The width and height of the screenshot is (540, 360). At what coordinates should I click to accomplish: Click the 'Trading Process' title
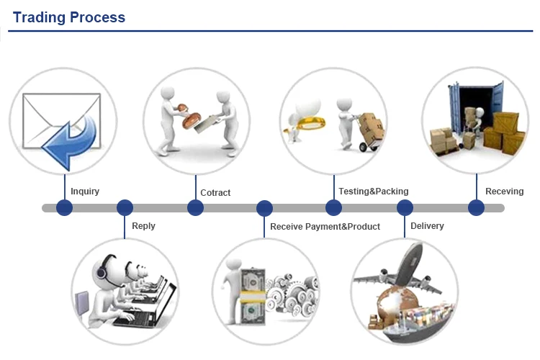click(69, 17)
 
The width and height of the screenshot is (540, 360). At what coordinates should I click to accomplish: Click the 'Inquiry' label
click(85, 192)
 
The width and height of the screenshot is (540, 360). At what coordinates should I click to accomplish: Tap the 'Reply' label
click(143, 226)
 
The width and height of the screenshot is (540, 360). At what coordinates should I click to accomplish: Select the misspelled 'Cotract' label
click(215, 192)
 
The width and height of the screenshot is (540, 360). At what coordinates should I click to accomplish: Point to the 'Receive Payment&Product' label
click(325, 227)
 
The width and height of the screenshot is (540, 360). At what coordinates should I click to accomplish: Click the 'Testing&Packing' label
click(373, 192)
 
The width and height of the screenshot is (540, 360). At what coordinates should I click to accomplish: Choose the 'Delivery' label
click(427, 226)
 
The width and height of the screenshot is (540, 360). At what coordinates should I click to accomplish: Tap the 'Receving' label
click(504, 192)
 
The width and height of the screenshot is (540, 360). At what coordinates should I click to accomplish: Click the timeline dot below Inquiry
click(64, 208)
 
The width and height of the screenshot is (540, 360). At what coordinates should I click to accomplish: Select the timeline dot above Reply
click(125, 208)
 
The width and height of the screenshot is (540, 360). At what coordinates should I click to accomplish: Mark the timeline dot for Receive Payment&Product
click(264, 208)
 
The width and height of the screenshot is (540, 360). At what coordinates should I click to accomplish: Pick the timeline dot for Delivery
click(405, 208)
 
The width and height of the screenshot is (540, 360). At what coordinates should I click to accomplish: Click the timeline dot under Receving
click(477, 208)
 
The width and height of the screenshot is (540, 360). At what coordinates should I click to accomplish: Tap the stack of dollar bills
click(253, 296)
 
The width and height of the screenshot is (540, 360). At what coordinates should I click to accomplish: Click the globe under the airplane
click(396, 303)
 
